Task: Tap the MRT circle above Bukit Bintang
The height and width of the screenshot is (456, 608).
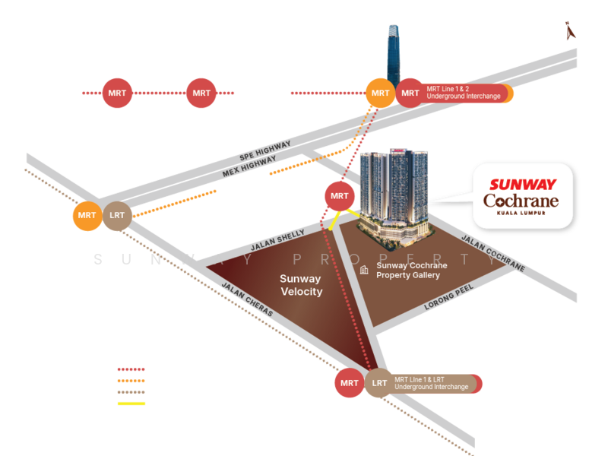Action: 201,93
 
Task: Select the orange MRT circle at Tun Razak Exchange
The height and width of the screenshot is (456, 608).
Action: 380,93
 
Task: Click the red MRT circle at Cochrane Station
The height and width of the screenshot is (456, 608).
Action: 339,196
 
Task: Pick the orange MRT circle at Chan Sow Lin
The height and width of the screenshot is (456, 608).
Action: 87,216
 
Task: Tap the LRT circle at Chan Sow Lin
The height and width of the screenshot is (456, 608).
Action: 117,216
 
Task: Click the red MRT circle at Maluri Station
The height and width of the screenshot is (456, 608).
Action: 350,384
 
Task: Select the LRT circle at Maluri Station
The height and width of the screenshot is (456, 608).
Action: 379,384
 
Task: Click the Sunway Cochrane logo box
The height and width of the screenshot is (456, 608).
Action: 522,195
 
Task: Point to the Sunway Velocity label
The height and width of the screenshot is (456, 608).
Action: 301,286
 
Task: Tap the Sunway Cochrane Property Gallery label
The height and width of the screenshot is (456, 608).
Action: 411,271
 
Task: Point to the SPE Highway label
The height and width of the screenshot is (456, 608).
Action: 264,150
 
